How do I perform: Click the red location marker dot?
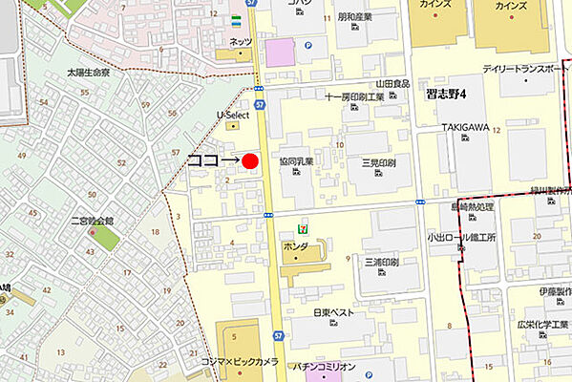pyautogui.click(x=250, y=161)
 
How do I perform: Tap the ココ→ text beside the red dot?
pyautogui.click(x=211, y=161)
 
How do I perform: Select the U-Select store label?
pyautogui.click(x=233, y=115)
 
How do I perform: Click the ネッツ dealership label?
pyautogui.click(x=242, y=42)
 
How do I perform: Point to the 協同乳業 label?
pyautogui.click(x=297, y=163)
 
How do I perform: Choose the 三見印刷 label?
pyautogui.click(x=378, y=163)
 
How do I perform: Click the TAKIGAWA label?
pyautogui.click(x=465, y=127)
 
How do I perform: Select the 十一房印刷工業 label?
pyautogui.click(x=354, y=96)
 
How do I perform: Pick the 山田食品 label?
pyautogui.click(x=393, y=84)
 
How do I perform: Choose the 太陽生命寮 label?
pyautogui.click(x=88, y=73)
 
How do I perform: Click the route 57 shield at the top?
pyautogui.click(x=249, y=4)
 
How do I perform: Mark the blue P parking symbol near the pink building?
pyautogui.click(x=307, y=44)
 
